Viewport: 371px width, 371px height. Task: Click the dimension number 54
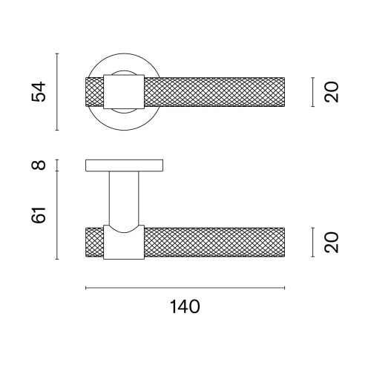tap(39, 91)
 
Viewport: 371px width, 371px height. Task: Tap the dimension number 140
tap(185, 306)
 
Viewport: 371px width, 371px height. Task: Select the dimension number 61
tap(39, 215)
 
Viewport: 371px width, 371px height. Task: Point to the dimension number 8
tap(39, 165)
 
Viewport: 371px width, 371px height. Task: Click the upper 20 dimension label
tap(332, 92)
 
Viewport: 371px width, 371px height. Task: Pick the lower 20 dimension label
tap(332, 242)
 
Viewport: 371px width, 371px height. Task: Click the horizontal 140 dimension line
tap(185, 288)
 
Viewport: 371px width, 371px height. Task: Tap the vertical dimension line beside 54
tap(57, 92)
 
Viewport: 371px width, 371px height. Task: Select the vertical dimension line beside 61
tap(57, 215)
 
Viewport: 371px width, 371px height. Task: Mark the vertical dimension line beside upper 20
tap(313, 92)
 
